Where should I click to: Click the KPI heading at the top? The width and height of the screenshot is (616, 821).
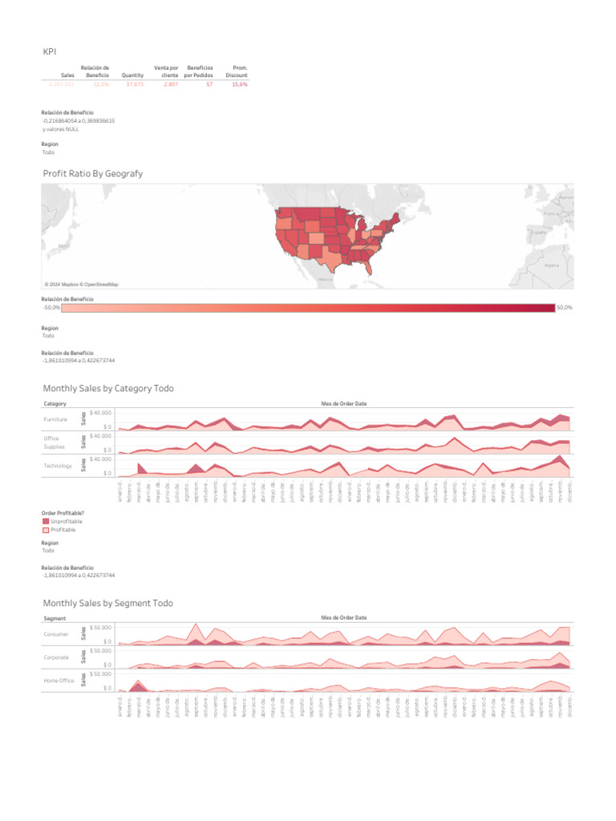click(50, 52)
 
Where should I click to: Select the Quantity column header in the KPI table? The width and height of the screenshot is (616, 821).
click(132, 75)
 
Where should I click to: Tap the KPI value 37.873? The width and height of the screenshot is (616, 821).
click(133, 84)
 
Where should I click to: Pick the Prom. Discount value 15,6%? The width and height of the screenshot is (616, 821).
click(239, 84)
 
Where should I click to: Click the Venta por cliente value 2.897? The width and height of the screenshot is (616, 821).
click(170, 84)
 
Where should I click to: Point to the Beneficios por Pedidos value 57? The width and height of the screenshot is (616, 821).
click(209, 84)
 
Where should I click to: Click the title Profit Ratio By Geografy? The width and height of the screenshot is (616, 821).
click(92, 173)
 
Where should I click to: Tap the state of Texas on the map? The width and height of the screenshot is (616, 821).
click(329, 256)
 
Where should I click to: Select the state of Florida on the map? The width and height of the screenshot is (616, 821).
click(379, 267)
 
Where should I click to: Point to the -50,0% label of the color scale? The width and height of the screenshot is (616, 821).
click(51, 308)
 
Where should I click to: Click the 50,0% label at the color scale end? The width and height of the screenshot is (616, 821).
click(565, 308)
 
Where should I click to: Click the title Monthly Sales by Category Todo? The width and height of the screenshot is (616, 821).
click(107, 388)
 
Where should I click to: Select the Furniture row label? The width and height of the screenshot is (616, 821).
click(56, 419)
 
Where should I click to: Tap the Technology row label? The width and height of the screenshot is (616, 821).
click(58, 466)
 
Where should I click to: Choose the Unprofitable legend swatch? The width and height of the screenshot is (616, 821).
click(45, 522)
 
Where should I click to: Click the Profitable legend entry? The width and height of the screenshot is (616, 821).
click(63, 530)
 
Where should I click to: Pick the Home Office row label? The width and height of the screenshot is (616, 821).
click(59, 681)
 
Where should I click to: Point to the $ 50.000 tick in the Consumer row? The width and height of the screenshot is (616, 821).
click(100, 627)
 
